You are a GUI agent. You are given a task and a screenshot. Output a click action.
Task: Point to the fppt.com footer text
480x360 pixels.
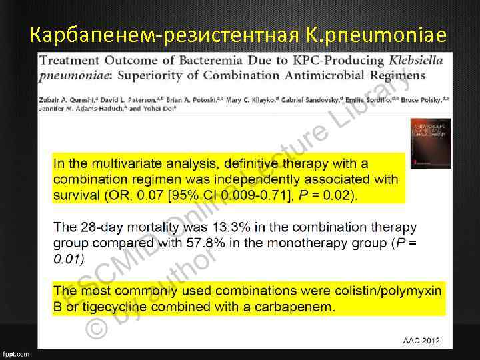click(16, 354)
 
